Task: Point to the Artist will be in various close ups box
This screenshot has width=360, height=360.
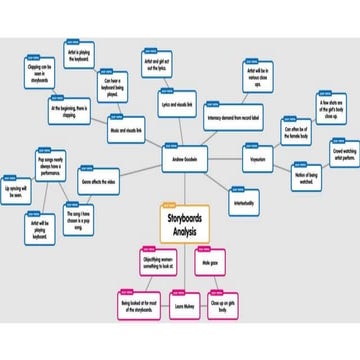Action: (x=257, y=76)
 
